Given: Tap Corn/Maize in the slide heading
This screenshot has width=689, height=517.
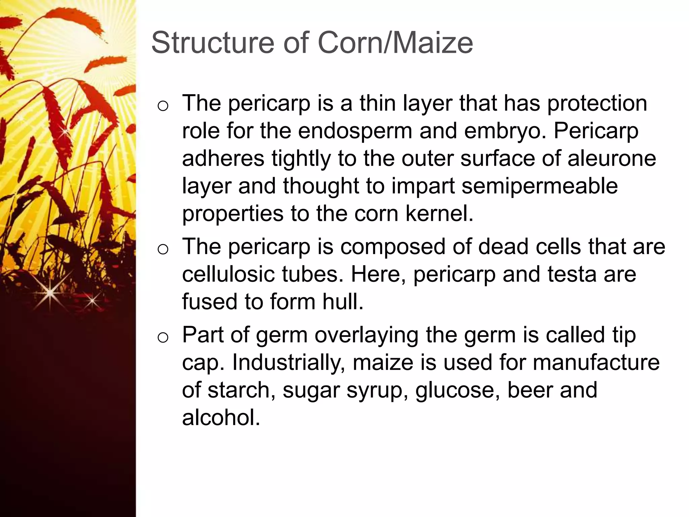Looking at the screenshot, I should (x=395, y=43).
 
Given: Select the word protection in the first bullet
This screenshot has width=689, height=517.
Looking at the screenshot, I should (x=597, y=103).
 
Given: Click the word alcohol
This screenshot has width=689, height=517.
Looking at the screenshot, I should (x=221, y=418).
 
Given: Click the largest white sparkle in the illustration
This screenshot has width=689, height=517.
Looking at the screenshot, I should (x=50, y=293).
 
